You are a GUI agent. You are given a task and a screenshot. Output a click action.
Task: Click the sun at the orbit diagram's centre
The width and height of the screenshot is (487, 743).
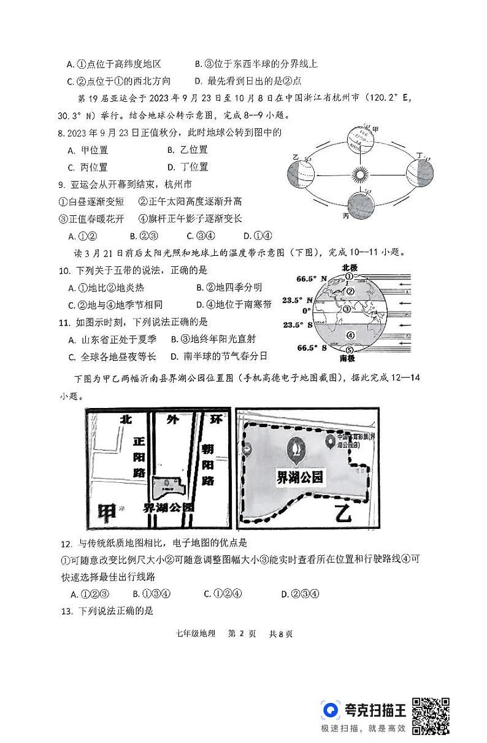point(361,174)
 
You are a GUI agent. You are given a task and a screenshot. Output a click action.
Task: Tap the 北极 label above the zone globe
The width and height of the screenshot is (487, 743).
point(350,268)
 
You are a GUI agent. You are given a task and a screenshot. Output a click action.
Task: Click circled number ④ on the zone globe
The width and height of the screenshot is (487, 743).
point(350,335)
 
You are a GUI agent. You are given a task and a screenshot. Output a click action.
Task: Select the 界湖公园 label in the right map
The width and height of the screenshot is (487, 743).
point(299,477)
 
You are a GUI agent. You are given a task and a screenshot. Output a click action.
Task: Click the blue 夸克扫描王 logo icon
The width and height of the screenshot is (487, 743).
point(331,710)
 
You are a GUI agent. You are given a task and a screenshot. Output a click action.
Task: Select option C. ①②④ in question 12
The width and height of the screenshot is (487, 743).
point(223,593)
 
